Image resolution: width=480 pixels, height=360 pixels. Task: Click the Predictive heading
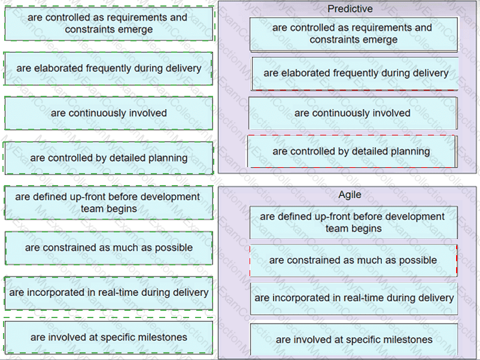(350, 9)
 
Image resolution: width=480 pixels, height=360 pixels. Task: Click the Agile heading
(350, 195)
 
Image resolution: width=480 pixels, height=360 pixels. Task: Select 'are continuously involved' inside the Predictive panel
(353, 113)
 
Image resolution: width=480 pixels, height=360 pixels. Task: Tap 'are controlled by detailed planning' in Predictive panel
(351, 152)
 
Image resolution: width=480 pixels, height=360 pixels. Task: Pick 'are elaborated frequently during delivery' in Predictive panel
(356, 73)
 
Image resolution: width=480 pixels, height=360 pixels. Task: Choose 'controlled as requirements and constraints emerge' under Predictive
(353, 34)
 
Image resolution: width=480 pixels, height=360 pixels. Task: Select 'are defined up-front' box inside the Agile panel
(353, 222)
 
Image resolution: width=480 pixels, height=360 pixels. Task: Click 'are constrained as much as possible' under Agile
(353, 260)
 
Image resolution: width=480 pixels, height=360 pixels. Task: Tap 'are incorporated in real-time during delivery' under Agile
(354, 298)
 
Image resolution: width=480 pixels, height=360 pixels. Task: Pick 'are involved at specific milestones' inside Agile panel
(354, 340)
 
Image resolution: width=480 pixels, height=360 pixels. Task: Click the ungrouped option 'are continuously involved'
(108, 113)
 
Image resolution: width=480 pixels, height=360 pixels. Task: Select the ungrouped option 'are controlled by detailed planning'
(108, 158)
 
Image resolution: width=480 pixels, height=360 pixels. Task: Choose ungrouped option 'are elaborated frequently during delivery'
(108, 68)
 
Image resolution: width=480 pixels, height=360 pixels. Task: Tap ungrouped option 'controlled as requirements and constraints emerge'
(108, 23)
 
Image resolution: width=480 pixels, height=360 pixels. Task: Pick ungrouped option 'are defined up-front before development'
(108, 202)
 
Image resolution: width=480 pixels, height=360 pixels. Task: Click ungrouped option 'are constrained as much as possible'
(108, 247)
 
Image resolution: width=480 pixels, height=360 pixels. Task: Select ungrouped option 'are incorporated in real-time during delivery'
(108, 292)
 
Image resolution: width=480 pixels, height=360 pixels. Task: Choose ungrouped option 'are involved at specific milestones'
(108, 337)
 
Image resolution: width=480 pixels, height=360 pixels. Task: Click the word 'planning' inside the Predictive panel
(408, 152)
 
